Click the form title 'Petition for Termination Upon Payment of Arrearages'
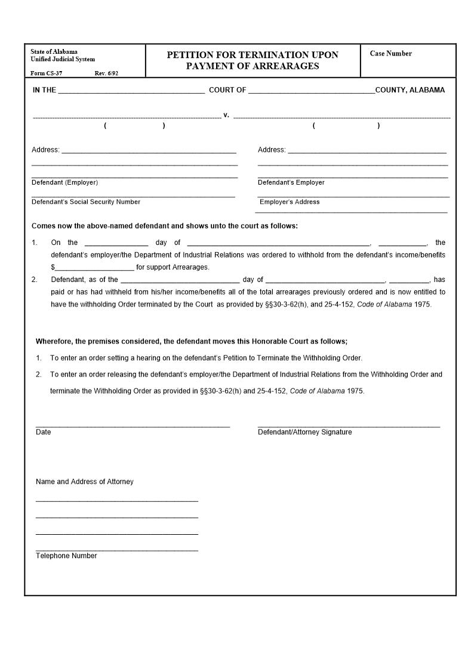click(x=252, y=60)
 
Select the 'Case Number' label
click(x=390, y=54)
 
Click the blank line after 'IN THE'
click(x=131, y=91)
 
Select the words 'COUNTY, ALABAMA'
click(x=410, y=90)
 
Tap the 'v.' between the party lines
click(x=226, y=115)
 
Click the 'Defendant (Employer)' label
click(x=64, y=182)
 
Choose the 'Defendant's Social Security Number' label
click(x=86, y=202)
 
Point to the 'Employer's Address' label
click(x=290, y=202)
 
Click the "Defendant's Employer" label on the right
click(x=291, y=182)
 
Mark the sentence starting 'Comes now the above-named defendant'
click(x=164, y=226)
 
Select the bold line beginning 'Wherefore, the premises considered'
click(x=191, y=341)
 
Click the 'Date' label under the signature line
click(x=44, y=432)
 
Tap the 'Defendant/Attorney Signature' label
click(x=304, y=432)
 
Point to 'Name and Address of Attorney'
click(x=85, y=482)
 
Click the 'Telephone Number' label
click(x=66, y=556)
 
